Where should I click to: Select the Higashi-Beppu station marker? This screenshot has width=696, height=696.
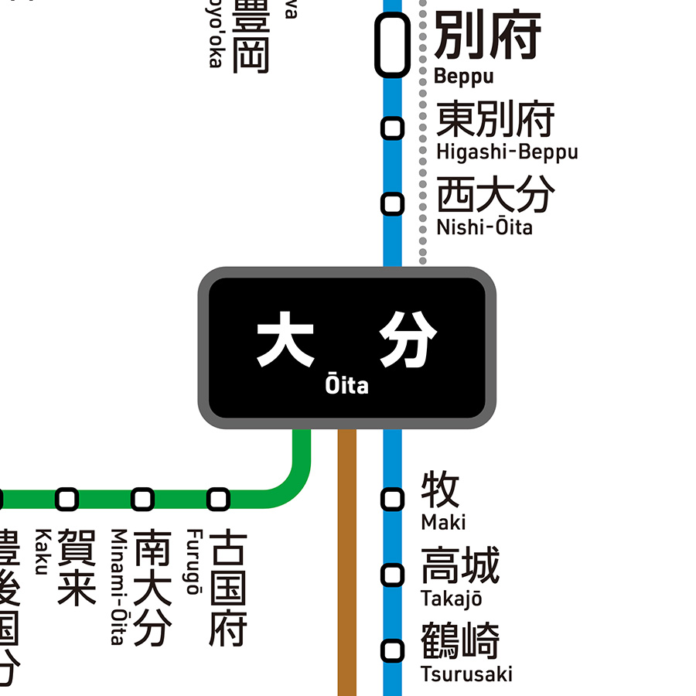(393, 128)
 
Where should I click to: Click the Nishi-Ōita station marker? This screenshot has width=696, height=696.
(393, 203)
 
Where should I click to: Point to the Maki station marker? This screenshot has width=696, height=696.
(393, 499)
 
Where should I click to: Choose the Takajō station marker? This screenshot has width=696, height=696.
(393, 575)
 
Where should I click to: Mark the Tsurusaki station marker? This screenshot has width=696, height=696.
(393, 650)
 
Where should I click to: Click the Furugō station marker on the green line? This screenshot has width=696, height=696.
(219, 499)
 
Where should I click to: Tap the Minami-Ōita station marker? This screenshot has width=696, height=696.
(142, 499)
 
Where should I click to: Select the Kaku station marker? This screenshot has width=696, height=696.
(67, 499)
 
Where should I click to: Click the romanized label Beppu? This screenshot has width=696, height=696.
(463, 77)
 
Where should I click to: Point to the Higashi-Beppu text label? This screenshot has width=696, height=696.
(507, 152)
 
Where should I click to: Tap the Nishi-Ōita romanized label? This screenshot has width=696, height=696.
(484, 227)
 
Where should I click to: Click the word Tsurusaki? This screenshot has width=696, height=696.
(466, 674)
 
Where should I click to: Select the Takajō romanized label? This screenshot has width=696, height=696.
(451, 599)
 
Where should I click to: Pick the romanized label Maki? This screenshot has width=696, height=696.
(443, 523)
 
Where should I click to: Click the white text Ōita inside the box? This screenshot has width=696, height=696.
(347, 384)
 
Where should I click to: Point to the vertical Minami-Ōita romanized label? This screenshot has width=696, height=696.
(118, 586)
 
